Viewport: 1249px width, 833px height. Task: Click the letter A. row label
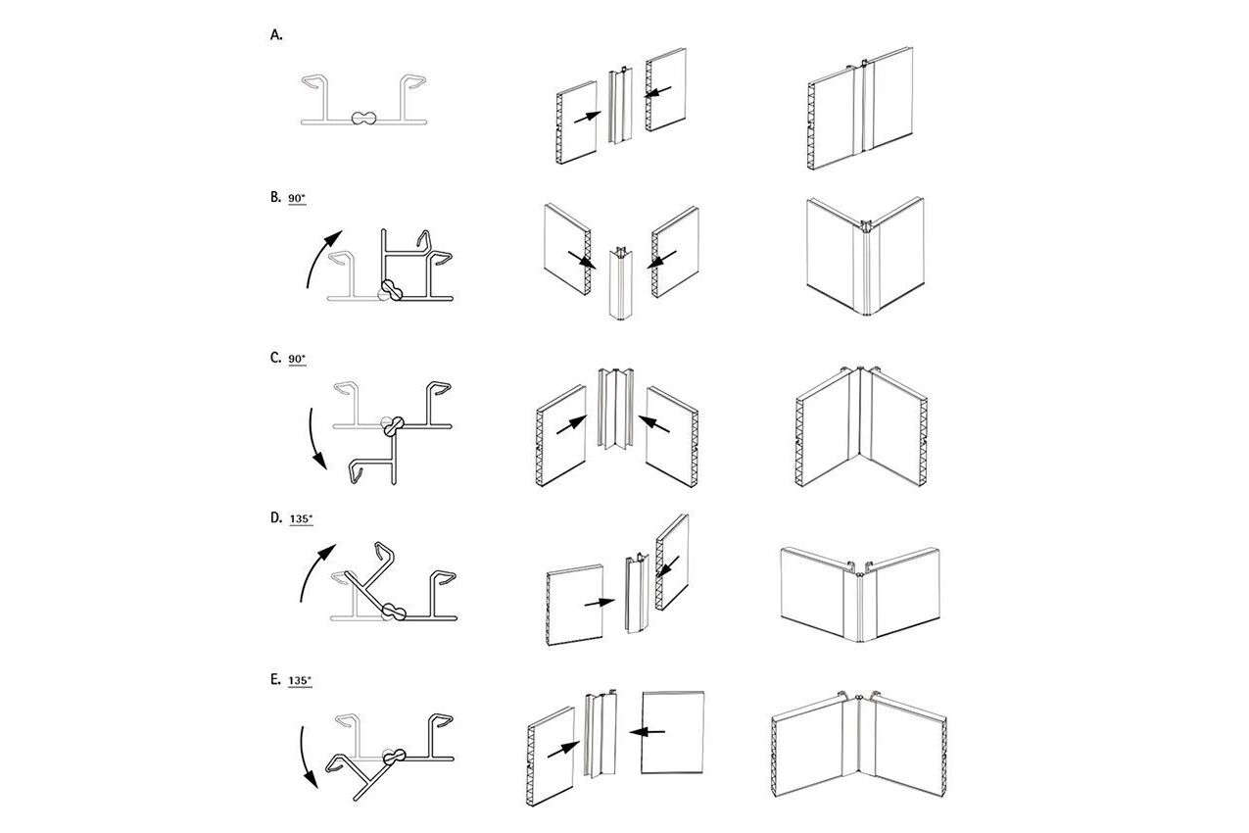click(276, 35)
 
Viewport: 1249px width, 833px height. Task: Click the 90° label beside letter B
click(297, 198)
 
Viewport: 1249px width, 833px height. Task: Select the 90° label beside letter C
click(297, 359)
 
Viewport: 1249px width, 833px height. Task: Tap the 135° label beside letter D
click(301, 518)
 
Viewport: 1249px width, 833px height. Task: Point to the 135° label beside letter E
click(300, 681)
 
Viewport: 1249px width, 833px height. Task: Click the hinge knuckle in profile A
click(363, 118)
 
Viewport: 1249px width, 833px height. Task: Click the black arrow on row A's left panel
click(587, 118)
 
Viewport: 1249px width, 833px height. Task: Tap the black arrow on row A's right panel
click(658, 91)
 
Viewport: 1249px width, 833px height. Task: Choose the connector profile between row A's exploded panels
click(620, 106)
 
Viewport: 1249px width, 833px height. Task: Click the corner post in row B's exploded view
click(621, 283)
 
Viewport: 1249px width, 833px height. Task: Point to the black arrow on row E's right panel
click(647, 731)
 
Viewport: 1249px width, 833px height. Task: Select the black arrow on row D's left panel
click(600, 603)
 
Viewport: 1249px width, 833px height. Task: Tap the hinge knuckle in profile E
click(394, 758)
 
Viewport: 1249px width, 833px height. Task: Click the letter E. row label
click(275, 679)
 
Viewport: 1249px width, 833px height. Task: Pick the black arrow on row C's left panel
click(571, 424)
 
